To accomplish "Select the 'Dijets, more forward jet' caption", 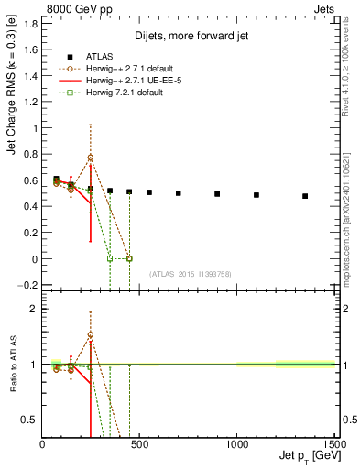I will point(188,35).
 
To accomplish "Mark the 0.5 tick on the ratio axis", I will point(31,420).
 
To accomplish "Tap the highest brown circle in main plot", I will point(91,158).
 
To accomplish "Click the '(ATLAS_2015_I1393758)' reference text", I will point(189,273).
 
